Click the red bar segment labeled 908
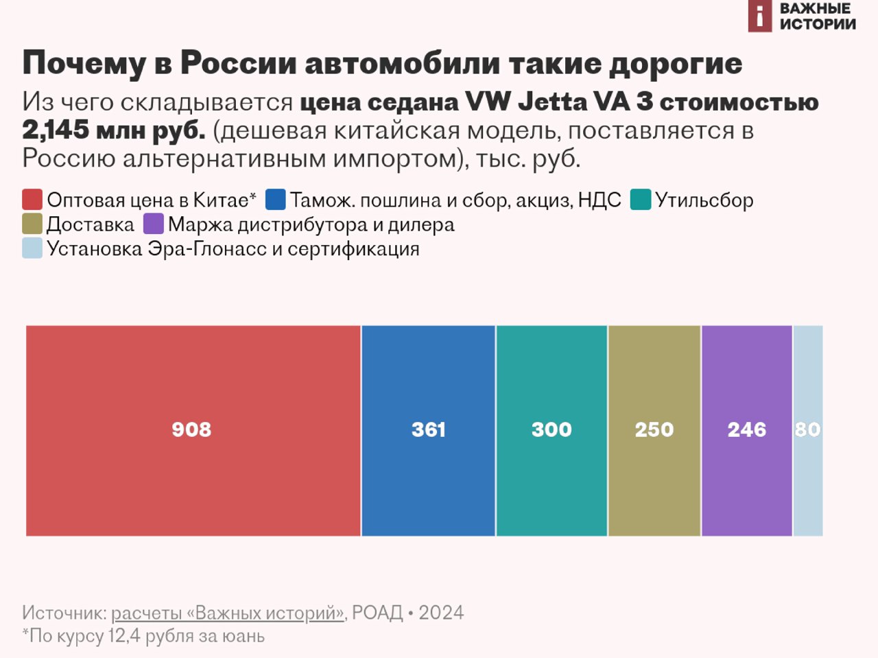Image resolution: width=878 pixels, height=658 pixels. coord(193,430)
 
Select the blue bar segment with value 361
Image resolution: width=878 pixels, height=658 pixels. coord(428,430)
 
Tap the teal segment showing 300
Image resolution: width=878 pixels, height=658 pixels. coord(551,430)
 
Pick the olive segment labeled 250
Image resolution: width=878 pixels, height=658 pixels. coord(654,430)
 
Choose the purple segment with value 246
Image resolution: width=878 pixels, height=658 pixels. coord(747,430)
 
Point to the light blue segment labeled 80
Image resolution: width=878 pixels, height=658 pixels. coord(808,430)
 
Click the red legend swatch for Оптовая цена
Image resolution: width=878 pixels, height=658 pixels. coord(32,200)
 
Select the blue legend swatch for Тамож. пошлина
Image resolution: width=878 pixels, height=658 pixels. coord(275,200)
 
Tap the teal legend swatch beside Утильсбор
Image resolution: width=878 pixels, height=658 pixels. coord(640,200)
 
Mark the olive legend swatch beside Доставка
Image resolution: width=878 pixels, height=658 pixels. coord(32,224)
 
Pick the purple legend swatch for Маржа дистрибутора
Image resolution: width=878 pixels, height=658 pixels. coord(154,224)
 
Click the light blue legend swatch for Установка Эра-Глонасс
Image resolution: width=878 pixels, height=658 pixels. coord(32,248)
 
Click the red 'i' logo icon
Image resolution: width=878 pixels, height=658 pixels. coord(760,16)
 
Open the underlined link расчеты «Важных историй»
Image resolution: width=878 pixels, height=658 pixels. coord(227,613)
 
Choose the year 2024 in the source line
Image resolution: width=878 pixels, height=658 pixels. coord(441,613)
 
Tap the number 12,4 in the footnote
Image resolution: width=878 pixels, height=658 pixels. coord(124,636)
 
